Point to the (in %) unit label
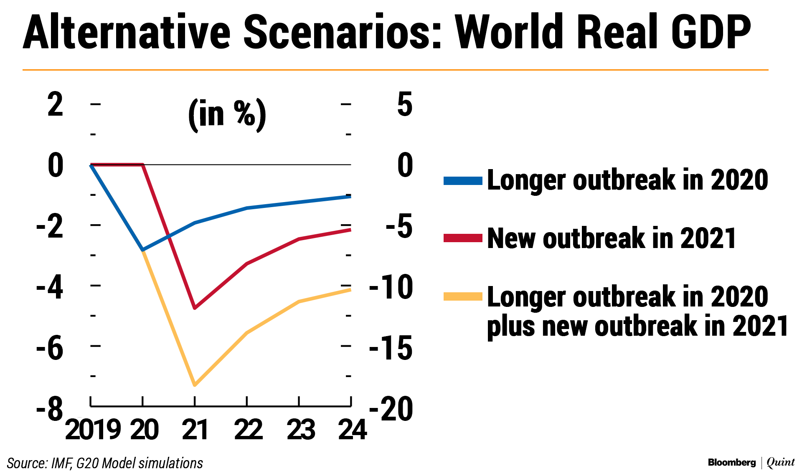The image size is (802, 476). (x=227, y=114)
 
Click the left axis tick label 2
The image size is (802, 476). (x=56, y=104)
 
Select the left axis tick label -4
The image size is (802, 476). (x=50, y=287)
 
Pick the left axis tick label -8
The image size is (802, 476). (x=50, y=408)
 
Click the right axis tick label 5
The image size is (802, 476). (x=405, y=104)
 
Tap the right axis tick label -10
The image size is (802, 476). (x=391, y=287)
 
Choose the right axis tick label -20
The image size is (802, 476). (x=391, y=408)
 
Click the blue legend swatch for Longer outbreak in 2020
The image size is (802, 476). (x=463, y=181)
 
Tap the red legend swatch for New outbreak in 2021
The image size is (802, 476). (x=463, y=238)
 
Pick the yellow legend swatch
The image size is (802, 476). (x=463, y=297)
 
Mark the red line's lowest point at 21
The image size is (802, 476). (x=195, y=308)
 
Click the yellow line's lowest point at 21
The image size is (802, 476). (x=195, y=385)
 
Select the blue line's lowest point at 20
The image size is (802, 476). (x=143, y=250)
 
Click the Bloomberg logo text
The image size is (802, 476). (x=732, y=462)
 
